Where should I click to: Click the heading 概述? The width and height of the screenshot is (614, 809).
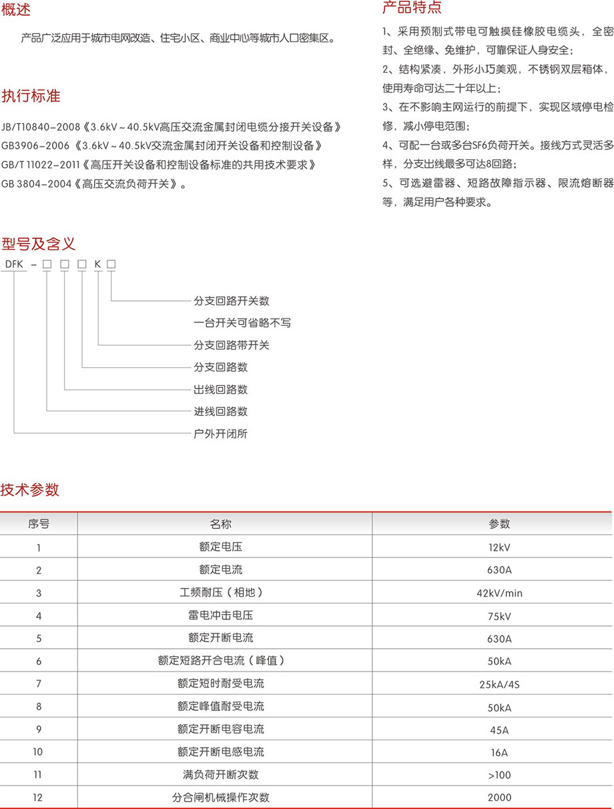pyautogui.click(x=15, y=10)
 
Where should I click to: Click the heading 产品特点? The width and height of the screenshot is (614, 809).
pyautogui.click(x=412, y=7)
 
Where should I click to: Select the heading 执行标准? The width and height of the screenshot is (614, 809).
pyautogui.click(x=31, y=96)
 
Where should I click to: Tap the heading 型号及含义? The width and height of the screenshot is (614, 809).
pyautogui.click(x=38, y=242)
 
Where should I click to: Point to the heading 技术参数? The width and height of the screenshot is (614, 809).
pyautogui.click(x=30, y=489)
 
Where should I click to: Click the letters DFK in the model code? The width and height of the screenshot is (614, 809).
pyautogui.click(x=14, y=264)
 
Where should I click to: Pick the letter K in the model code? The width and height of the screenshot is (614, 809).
pyautogui.click(x=97, y=264)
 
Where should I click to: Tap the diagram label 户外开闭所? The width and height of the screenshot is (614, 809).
pyautogui.click(x=220, y=434)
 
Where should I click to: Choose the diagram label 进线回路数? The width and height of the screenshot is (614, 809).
pyautogui.click(x=220, y=412)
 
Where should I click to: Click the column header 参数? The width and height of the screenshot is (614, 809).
pyautogui.click(x=499, y=524)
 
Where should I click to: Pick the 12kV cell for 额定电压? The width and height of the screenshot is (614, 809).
pyautogui.click(x=499, y=547)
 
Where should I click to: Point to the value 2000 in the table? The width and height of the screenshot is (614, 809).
pyautogui.click(x=499, y=797)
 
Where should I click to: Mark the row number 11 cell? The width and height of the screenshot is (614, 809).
pyautogui.click(x=38, y=774)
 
